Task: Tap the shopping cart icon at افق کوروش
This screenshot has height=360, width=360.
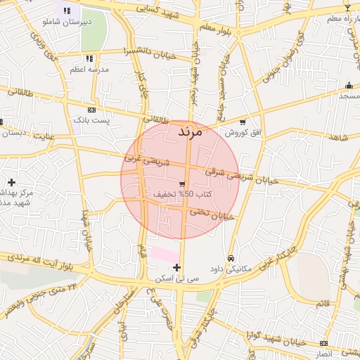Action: (x=243, y=122)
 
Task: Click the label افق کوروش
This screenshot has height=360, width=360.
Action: (x=243, y=132)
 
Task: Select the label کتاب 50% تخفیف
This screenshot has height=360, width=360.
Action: (x=180, y=194)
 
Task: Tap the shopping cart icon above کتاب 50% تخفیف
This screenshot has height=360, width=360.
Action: (x=182, y=184)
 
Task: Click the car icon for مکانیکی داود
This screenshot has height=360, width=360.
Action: (x=231, y=257)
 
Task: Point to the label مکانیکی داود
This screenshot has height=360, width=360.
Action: (x=231, y=269)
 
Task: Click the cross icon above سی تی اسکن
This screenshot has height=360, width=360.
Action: (x=176, y=267)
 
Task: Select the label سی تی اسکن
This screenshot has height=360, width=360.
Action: (x=177, y=278)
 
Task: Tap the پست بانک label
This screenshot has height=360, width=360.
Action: (x=92, y=121)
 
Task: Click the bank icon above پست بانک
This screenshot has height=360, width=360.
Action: (x=91, y=110)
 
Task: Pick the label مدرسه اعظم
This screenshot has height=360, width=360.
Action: (x=92, y=70)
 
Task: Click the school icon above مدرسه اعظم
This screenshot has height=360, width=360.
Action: (x=89, y=59)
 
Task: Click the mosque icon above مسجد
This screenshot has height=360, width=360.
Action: (x=349, y=84)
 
